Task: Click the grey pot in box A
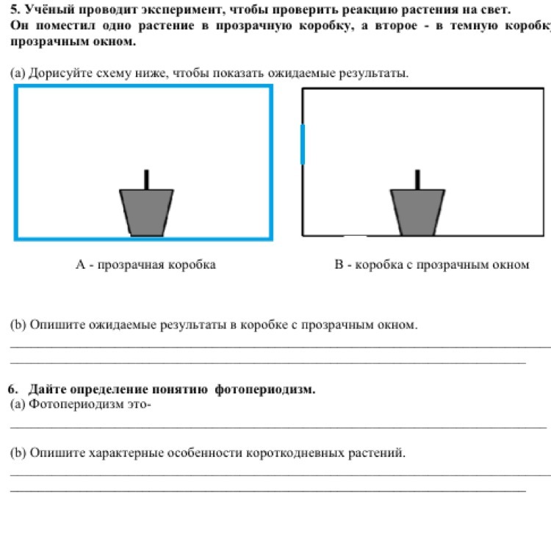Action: click(x=147, y=212)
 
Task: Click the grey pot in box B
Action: click(x=417, y=212)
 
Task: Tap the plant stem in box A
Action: click(x=147, y=180)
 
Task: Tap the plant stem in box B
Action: click(x=417, y=180)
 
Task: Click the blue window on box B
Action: click(x=303, y=144)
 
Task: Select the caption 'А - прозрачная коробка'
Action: click(x=145, y=264)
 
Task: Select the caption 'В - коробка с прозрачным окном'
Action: click(x=431, y=264)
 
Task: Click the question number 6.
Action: click(x=12, y=389)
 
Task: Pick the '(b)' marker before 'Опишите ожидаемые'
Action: click(x=18, y=324)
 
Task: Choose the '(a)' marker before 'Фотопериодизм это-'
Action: click(x=18, y=403)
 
